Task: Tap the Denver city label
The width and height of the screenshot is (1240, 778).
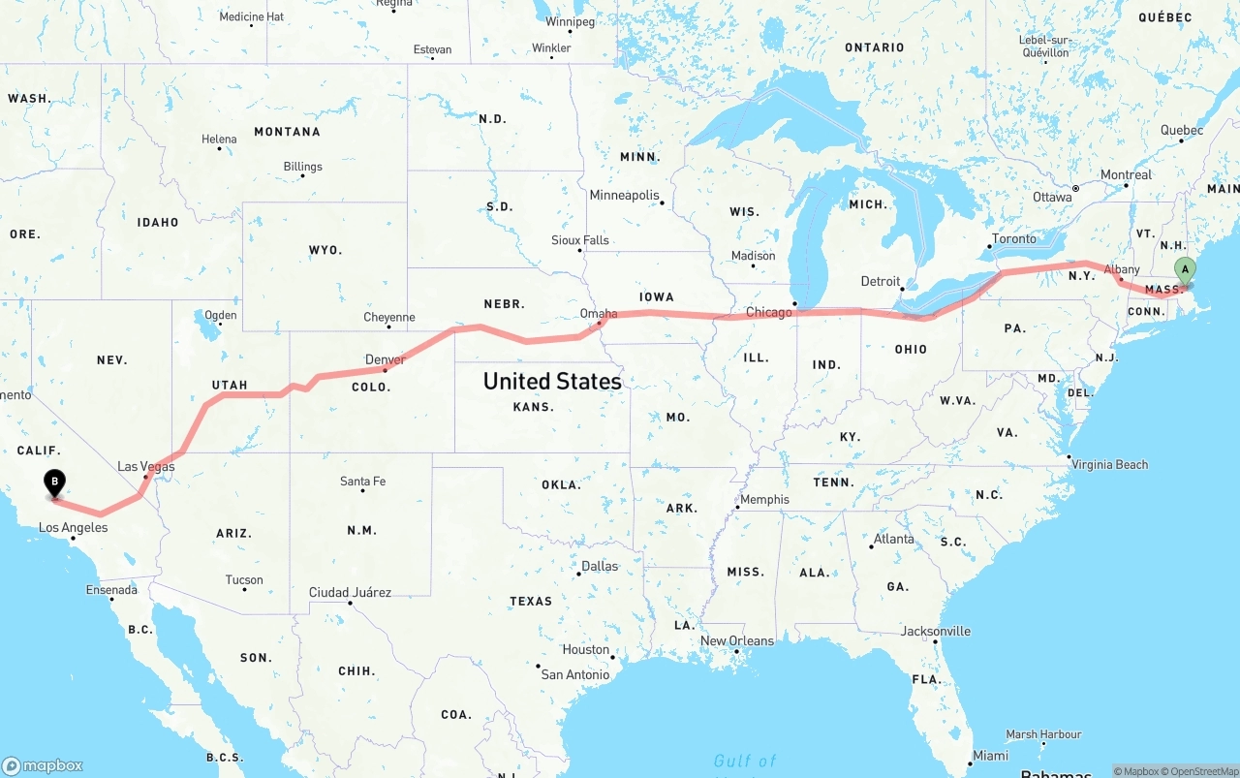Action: pyautogui.click(x=386, y=359)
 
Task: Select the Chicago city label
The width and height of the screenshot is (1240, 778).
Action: pyautogui.click(x=769, y=312)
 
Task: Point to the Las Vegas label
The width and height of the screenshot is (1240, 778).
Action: pyautogui.click(x=146, y=466)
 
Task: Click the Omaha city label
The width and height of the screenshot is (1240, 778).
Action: pyautogui.click(x=599, y=314)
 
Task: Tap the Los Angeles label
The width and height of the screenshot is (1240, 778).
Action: pyautogui.click(x=73, y=528)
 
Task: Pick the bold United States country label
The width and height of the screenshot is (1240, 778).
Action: pyautogui.click(x=552, y=381)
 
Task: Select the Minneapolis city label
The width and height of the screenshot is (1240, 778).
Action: pyautogui.click(x=624, y=195)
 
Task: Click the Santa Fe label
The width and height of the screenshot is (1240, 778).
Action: pyautogui.click(x=362, y=482)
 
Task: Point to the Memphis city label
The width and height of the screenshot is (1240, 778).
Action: pyautogui.click(x=764, y=500)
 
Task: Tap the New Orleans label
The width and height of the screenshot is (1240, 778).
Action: pyautogui.click(x=737, y=640)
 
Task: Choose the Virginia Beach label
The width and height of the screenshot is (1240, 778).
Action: pyautogui.click(x=1109, y=465)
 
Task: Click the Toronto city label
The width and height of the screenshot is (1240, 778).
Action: pyautogui.click(x=1014, y=238)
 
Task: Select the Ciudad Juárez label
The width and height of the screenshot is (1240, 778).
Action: pyautogui.click(x=350, y=592)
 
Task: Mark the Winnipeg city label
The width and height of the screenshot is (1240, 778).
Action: pyautogui.click(x=571, y=21)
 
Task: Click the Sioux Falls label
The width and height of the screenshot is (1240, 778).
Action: pyautogui.click(x=580, y=240)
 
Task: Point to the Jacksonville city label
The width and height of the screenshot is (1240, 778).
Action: pyautogui.click(x=935, y=631)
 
